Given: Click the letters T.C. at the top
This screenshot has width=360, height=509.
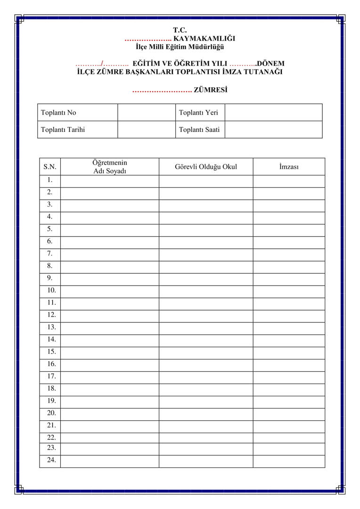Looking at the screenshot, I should (180, 30).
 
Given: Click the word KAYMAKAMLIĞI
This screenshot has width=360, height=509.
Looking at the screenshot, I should (205, 39).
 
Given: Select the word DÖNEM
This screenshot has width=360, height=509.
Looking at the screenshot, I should (270, 64).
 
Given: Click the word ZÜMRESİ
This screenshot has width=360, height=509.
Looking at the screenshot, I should (210, 90).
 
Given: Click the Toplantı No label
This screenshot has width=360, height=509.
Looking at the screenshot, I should (58, 113).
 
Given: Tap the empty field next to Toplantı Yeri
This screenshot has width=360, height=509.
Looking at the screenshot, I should (273, 113).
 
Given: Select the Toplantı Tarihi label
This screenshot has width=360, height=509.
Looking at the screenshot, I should (63, 130).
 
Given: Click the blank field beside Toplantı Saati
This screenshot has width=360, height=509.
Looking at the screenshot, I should (273, 130).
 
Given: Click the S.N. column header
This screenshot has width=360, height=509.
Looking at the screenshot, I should (50, 167).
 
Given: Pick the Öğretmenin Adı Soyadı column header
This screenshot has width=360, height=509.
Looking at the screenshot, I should (110, 167).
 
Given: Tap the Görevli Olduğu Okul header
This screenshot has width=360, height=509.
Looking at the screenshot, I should (206, 167).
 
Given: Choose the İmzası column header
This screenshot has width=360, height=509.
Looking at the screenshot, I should (289, 167).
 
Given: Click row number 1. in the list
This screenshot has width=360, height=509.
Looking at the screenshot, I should (50, 180).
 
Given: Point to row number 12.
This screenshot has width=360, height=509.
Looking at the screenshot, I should (51, 315).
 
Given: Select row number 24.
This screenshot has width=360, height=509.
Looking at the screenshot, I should (51, 460).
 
